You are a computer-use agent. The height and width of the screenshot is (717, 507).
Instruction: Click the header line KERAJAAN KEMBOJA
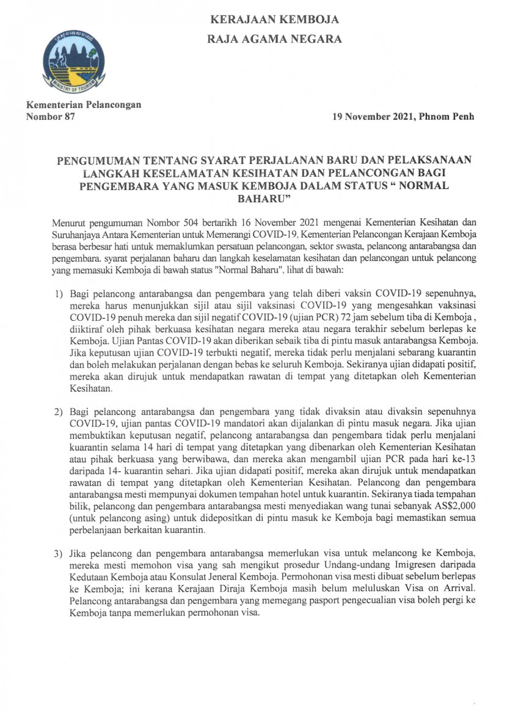(x=274, y=20)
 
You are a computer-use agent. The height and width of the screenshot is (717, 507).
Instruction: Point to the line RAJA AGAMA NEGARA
(x=274, y=39)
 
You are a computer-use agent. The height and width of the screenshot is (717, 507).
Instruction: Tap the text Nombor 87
(x=49, y=117)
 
